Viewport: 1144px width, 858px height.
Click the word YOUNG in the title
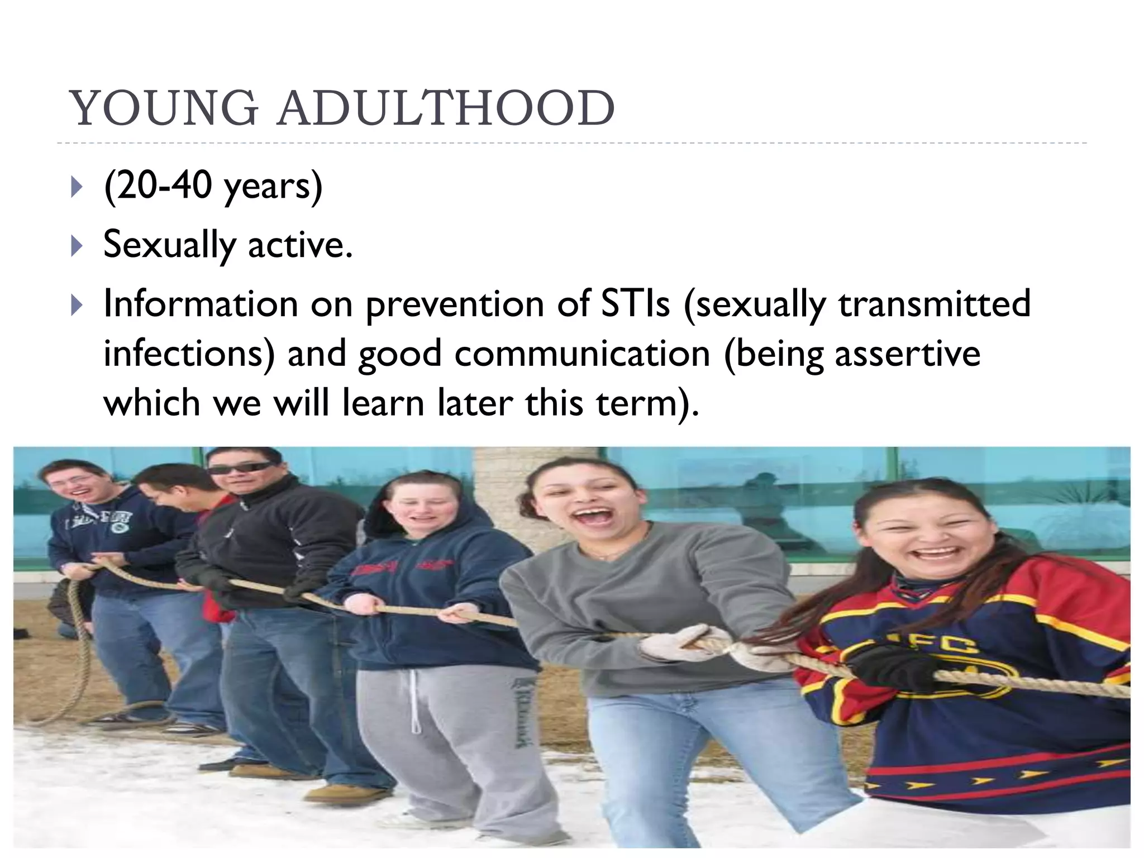tap(164, 108)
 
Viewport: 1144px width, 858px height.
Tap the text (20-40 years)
tap(213, 186)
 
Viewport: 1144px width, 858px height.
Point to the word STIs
tap(635, 304)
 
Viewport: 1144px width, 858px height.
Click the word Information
tap(201, 304)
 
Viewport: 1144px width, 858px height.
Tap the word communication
tap(581, 354)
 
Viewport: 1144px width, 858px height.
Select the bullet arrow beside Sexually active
tap(77, 246)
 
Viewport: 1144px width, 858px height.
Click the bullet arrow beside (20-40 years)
tap(77, 187)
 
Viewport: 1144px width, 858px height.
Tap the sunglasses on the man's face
tap(241, 467)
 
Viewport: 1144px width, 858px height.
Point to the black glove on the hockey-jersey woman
tap(888, 668)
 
